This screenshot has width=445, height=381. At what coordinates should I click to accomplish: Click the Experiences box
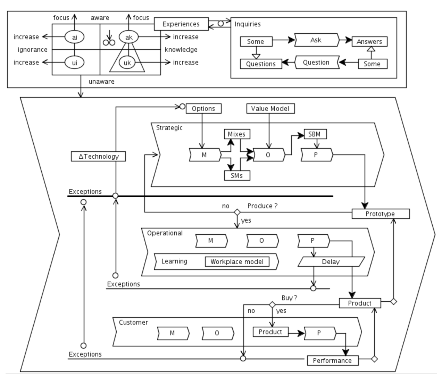181,24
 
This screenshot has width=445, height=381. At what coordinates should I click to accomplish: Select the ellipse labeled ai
75,37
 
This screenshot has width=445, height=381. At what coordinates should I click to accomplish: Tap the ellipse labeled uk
127,63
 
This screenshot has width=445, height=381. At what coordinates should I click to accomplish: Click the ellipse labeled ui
75,63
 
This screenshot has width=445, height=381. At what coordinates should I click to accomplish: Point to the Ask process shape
316,40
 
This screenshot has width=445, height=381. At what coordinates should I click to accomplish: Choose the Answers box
369,42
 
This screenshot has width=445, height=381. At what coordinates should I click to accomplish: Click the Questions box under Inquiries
261,64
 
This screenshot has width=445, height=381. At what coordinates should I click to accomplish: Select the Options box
203,109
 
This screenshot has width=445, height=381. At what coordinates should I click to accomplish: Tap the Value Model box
270,109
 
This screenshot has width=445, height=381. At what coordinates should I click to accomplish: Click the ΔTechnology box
98,157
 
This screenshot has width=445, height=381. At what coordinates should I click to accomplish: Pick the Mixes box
237,134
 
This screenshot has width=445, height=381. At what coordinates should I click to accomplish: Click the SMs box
237,176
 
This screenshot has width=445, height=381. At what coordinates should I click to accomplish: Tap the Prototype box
381,214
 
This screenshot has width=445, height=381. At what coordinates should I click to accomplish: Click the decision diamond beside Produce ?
237,212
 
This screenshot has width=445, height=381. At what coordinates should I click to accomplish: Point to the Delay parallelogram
331,262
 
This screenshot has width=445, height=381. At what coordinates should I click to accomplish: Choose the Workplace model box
237,262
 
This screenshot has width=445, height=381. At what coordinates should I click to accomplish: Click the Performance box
333,361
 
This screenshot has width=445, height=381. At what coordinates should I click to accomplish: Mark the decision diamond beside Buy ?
272,305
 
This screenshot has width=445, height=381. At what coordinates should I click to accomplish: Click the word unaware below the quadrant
102,82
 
